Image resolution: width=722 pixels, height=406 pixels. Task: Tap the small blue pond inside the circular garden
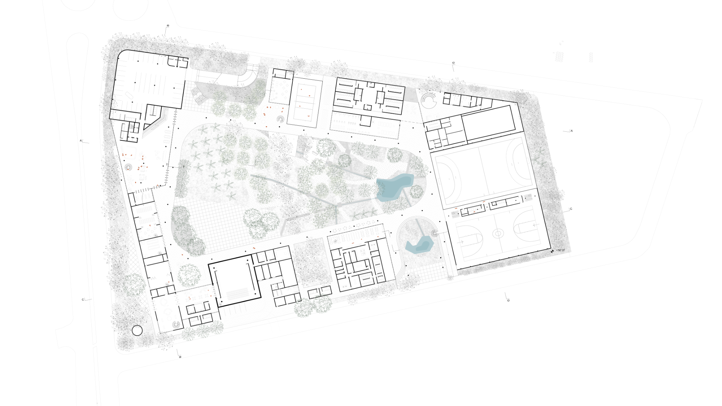pos(419,246)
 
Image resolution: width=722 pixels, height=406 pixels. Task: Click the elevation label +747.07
pos(560,250)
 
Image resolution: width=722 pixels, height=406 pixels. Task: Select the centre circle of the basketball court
pos(498,234)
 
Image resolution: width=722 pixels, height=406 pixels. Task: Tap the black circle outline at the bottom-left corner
pos(137,330)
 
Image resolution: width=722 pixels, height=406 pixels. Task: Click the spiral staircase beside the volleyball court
pos(280,119)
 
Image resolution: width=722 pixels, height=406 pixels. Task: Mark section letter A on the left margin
pos(81,141)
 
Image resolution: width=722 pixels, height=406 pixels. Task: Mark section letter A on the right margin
pos(571,131)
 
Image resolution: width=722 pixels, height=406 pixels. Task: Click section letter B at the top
pos(168,26)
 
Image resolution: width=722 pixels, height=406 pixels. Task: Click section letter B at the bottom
pos(180,357)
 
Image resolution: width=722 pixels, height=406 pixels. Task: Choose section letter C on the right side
pos(571,209)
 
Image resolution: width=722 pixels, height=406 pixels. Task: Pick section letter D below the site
pos(508,300)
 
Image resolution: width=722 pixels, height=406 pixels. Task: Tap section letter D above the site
pos(453,63)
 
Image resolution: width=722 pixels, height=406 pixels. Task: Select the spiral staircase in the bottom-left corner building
pos(176,324)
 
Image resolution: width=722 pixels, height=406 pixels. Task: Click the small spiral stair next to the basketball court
pos(434,233)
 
